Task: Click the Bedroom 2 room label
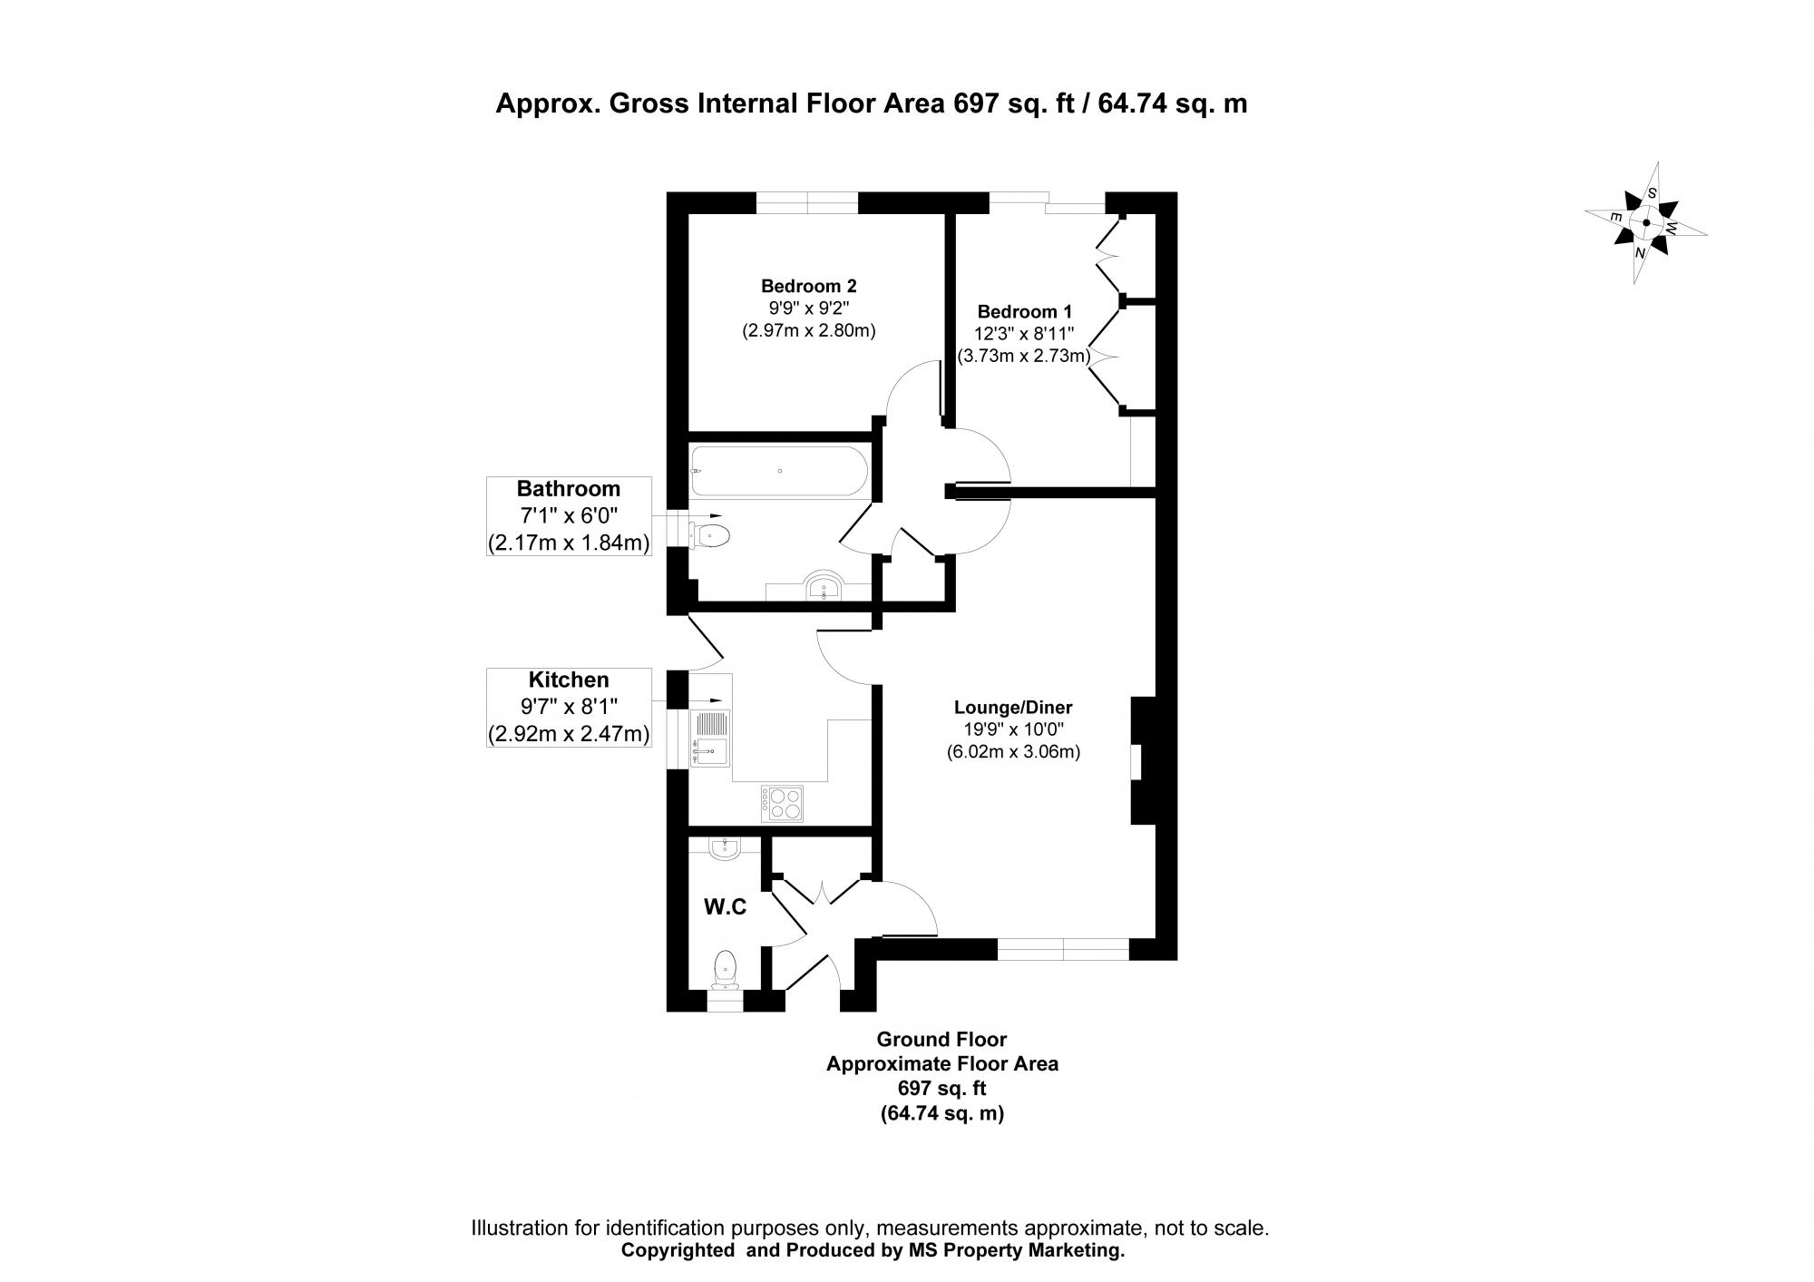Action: (808, 286)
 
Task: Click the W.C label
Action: (726, 906)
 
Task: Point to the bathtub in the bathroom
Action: (778, 471)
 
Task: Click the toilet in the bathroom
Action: (711, 534)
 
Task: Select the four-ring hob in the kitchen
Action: (783, 803)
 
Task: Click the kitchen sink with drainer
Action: (710, 738)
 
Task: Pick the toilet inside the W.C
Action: (726, 969)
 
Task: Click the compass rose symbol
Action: (1645, 222)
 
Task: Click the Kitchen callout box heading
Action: (569, 680)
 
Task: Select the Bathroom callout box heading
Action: (569, 489)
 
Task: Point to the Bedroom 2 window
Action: (807, 203)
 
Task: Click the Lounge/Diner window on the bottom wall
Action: (1063, 949)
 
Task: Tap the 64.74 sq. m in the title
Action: (1172, 104)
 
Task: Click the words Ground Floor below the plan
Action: (941, 1039)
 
